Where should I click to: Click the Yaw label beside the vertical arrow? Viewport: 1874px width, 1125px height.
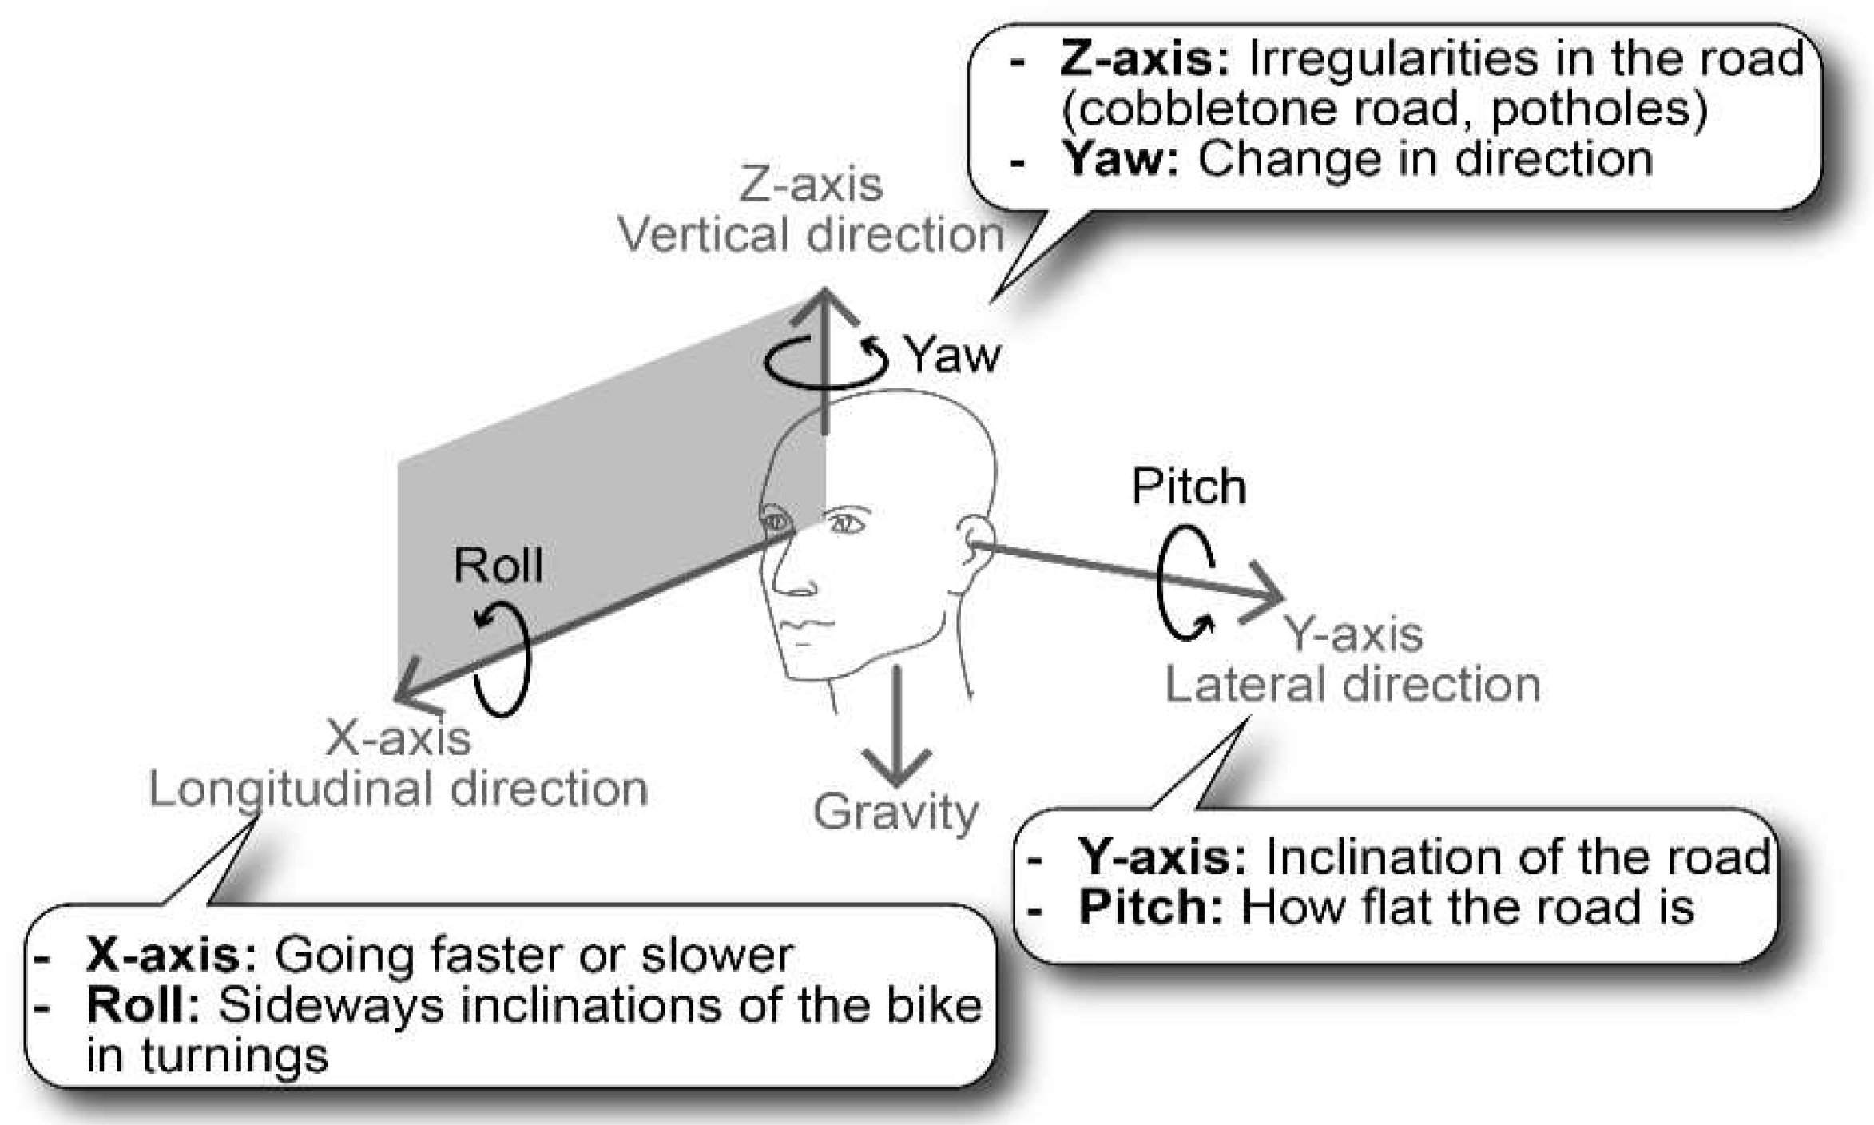tap(952, 356)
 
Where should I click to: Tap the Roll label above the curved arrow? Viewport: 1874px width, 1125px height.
tap(498, 566)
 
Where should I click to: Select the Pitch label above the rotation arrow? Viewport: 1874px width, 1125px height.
tap(1189, 486)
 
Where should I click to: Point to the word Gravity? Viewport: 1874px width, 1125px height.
tap(895, 813)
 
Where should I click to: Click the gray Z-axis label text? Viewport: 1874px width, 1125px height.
tap(811, 185)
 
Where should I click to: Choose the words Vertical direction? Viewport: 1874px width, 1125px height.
tap(811, 236)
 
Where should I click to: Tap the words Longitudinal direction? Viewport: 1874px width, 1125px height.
tap(398, 789)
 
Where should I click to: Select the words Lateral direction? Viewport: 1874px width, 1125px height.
tap(1352, 686)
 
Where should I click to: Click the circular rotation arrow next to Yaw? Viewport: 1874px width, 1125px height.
tap(826, 361)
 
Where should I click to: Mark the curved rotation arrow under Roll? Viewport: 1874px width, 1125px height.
tap(503, 660)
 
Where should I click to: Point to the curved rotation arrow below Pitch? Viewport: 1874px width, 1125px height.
tap(1185, 583)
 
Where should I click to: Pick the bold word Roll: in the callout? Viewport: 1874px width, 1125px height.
tap(143, 1006)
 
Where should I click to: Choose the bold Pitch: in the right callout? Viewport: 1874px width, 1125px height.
tap(1151, 908)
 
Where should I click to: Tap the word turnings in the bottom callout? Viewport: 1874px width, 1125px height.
tap(235, 1056)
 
